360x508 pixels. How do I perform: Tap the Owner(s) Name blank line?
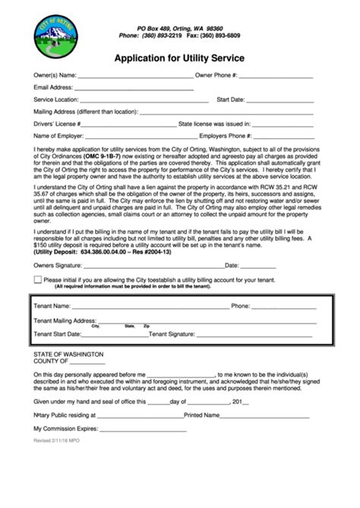pyautogui.click(x=134, y=77)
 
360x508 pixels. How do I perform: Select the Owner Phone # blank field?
pyautogui.click(x=276, y=77)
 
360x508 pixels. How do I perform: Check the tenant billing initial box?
pyautogui.click(x=38, y=259)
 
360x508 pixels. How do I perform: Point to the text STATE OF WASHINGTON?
pyautogui.click(x=68, y=355)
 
